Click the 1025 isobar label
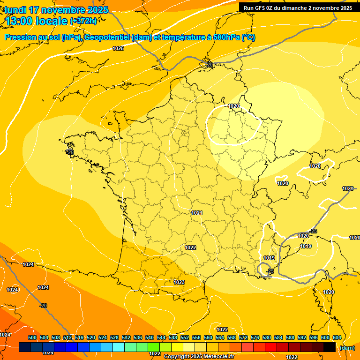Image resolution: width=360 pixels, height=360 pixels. coord(118,48)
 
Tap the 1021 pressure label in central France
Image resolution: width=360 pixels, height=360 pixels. coord(197,213)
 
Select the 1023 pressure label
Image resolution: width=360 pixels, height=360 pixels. coord(179,282)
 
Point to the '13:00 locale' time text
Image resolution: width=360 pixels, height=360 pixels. coord(36,21)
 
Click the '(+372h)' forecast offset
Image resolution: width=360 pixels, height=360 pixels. coord(83,21)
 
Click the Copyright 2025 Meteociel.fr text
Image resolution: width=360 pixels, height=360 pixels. coord(199,356)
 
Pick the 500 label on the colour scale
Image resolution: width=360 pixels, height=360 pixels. coord(32,337)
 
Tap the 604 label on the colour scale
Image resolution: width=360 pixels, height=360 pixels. coord(337,337)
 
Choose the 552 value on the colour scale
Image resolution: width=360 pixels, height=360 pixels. coord(185,337)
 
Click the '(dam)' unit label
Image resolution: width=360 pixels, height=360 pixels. coord(347,348)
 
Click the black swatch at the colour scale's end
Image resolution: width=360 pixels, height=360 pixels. coord(330,347)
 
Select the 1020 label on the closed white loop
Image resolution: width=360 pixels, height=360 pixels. coord(233,106)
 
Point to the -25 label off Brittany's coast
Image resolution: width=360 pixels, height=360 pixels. coord(70,152)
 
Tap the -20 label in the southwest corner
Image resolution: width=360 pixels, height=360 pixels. coord(43,306)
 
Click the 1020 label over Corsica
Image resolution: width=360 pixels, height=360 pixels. coord(329,292)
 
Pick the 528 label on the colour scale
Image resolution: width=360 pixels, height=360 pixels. coord(114,337)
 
